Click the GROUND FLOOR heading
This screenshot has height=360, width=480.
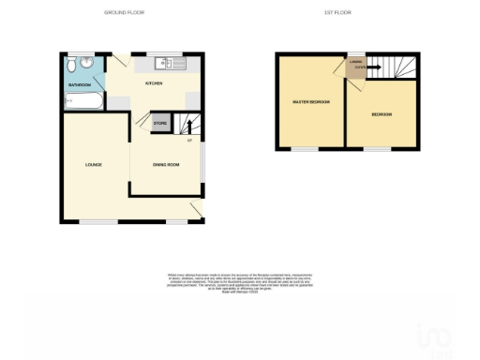[x=129, y=12]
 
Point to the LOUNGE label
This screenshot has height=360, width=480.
[x=93, y=165]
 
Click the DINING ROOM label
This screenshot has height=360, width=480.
[x=166, y=165]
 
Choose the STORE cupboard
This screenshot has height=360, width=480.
[x=160, y=122]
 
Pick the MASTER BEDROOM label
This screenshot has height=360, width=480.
[x=311, y=101]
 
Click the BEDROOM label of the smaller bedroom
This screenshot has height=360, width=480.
[x=381, y=115]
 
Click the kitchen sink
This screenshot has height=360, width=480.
[x=172, y=63]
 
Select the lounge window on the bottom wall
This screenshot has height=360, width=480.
[x=92, y=222]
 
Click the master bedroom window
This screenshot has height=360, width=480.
[x=304, y=148]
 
